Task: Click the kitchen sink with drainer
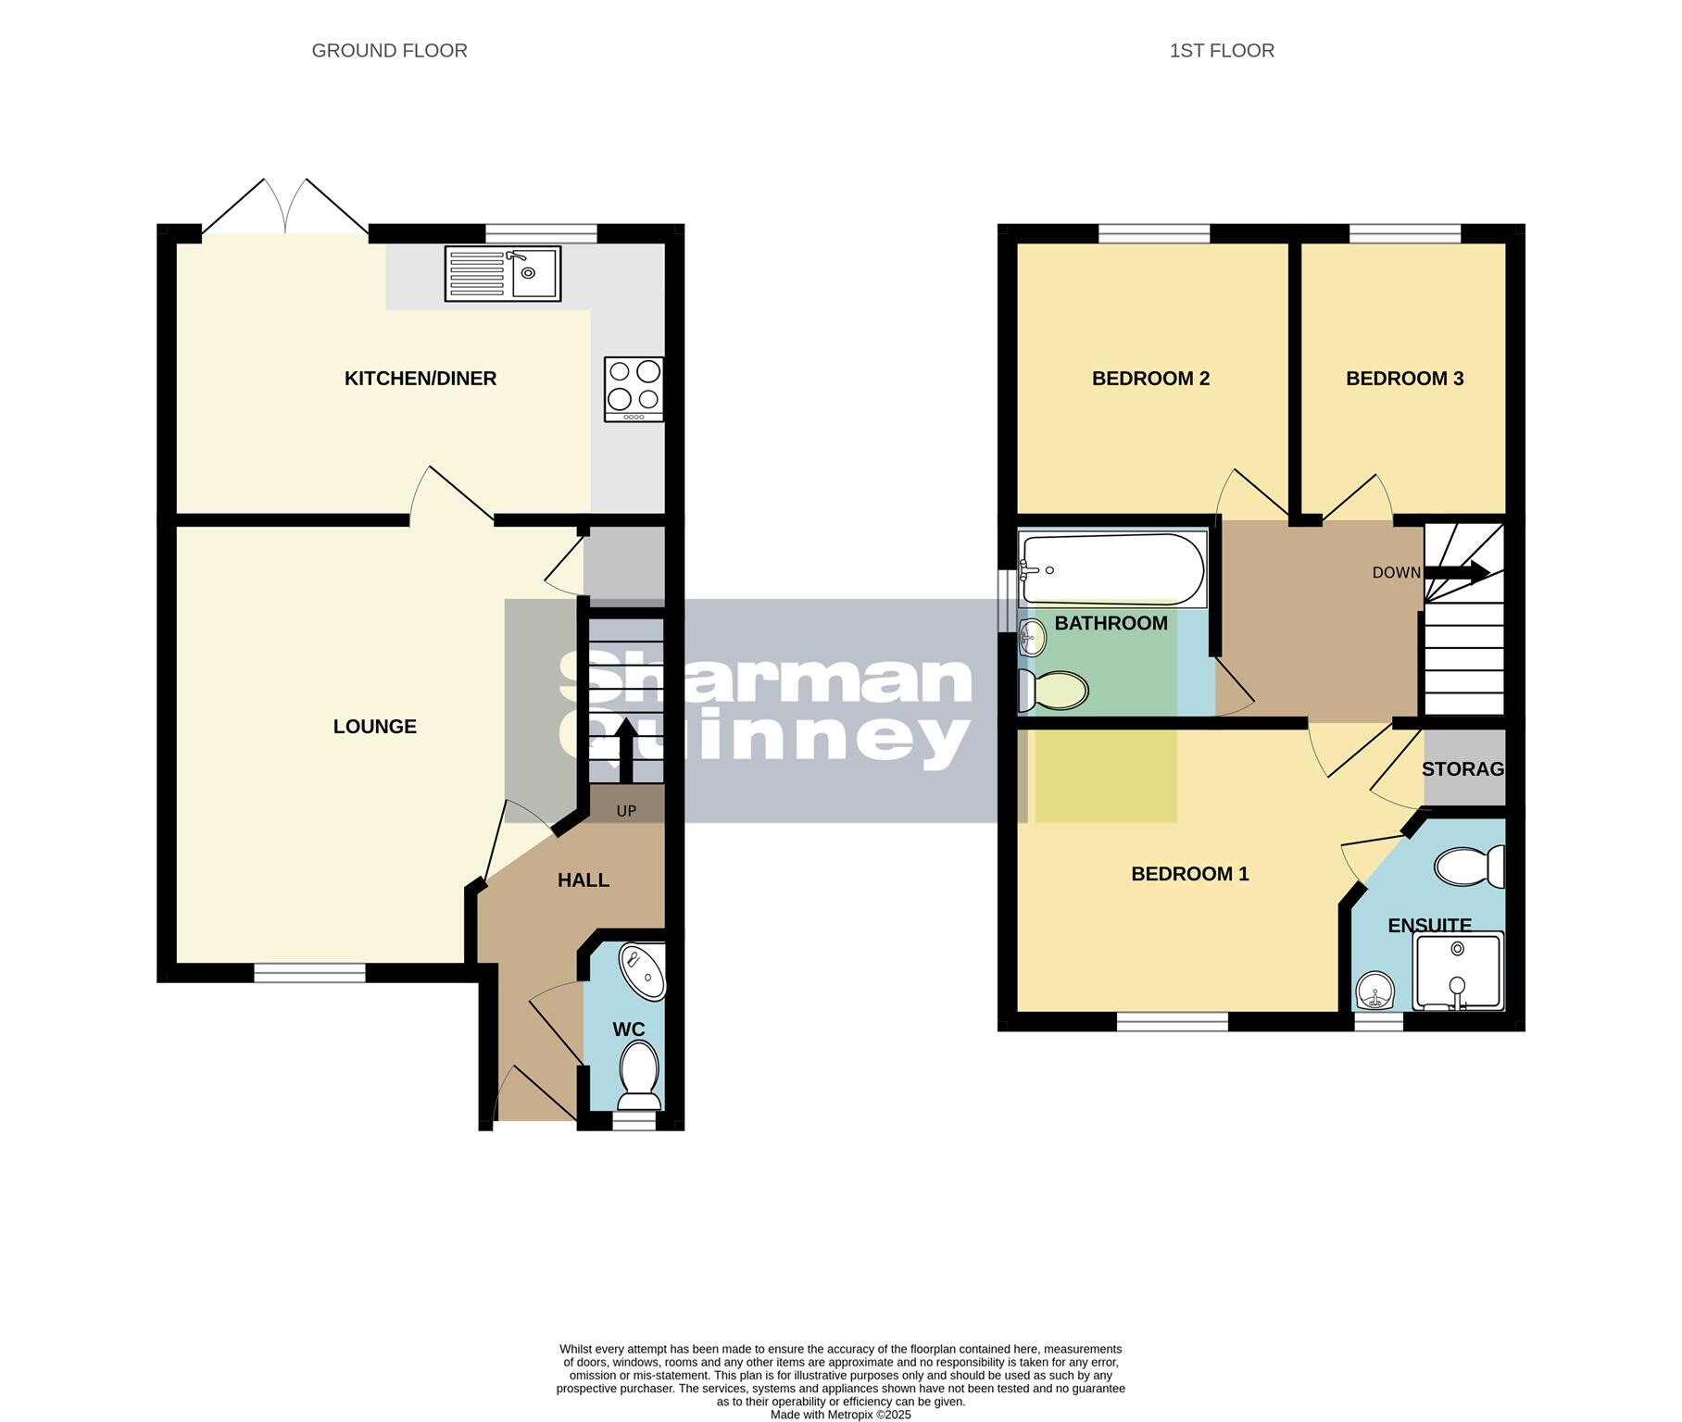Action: coord(502,273)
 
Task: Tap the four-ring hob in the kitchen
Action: coord(634,388)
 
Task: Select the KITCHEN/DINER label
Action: coord(420,379)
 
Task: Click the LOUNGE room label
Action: coord(374,727)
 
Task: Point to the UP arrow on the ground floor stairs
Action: coord(626,750)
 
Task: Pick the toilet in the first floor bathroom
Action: coord(1054,691)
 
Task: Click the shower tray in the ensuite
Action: coord(1458,971)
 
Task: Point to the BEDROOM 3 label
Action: coord(1404,379)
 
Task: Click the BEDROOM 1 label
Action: coord(1189,874)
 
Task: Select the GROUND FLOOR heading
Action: coord(389,51)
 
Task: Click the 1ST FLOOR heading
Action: coord(1221,51)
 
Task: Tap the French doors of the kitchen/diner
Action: coord(285,208)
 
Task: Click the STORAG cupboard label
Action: coord(1462,769)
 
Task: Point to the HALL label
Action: coord(583,880)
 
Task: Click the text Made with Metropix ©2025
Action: coord(840,1415)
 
